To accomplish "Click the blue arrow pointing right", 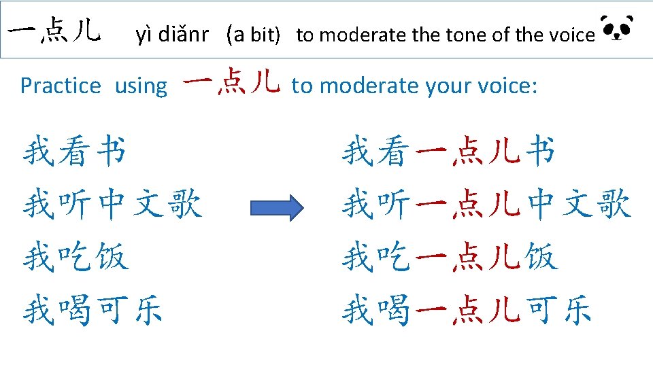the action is tap(277, 208).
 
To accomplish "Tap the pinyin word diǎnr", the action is tap(183, 34).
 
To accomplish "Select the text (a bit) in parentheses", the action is tap(253, 35).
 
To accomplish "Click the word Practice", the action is tap(61, 86).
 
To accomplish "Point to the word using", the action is tap(141, 87).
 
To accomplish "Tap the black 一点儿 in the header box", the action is tap(54, 30).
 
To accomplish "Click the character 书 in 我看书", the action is tap(111, 150).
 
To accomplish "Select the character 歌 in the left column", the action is tap(185, 203).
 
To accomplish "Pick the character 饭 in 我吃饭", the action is tap(112, 257).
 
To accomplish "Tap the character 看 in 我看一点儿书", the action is tap(390, 151).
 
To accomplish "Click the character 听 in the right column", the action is tap(394, 203).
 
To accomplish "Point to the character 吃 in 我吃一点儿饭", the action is tap(394, 256).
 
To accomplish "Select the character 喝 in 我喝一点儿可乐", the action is tap(394, 310).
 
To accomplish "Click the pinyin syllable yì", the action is tap(144, 35).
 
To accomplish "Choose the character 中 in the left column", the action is tap(112, 203).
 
